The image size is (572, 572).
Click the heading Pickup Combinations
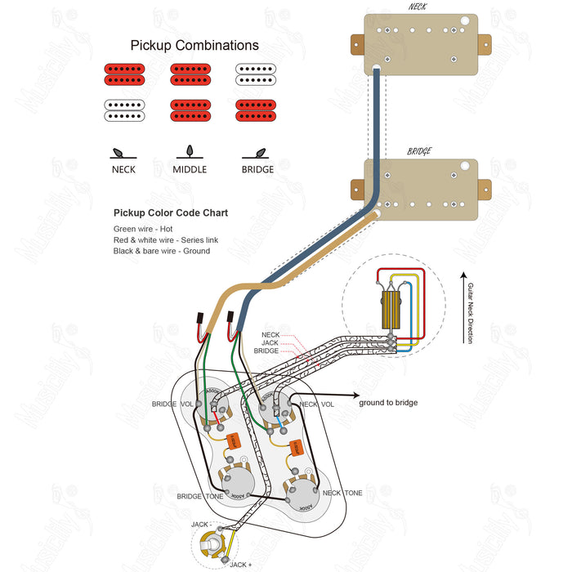pyautogui.click(x=194, y=46)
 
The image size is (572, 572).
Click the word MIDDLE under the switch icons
pyautogui.click(x=189, y=170)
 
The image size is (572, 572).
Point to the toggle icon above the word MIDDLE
pyautogui.click(x=190, y=151)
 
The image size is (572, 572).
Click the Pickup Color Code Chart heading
pyautogui.click(x=171, y=213)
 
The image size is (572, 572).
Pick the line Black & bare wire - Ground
pyautogui.click(x=162, y=251)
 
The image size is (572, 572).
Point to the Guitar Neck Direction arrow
pyautogui.click(x=464, y=306)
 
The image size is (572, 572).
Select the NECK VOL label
pyautogui.click(x=316, y=404)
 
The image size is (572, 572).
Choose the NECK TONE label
pyautogui.click(x=342, y=493)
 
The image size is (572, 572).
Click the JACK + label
pyautogui.click(x=240, y=565)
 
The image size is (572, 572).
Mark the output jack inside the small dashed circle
pyautogui.click(x=214, y=545)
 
